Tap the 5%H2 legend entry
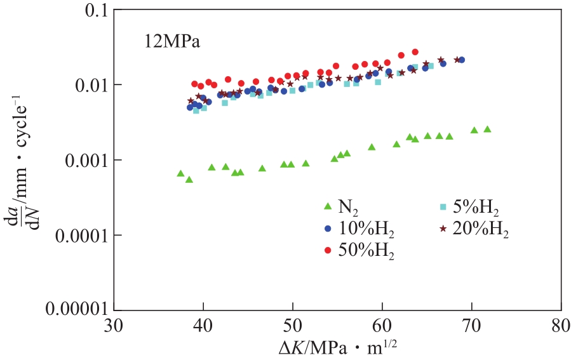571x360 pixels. tap(471, 206)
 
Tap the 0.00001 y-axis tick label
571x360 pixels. tap(77, 309)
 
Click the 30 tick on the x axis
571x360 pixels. tap(113, 326)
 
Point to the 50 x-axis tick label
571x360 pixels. tap(292, 326)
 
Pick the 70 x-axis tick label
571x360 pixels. tap(471, 326)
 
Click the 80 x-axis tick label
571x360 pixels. tap(560, 326)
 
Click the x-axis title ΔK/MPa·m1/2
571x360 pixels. tap(337, 347)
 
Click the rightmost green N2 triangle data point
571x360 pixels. tap(487, 129)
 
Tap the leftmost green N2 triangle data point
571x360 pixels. tap(180, 173)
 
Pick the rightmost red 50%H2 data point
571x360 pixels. tap(415, 52)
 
